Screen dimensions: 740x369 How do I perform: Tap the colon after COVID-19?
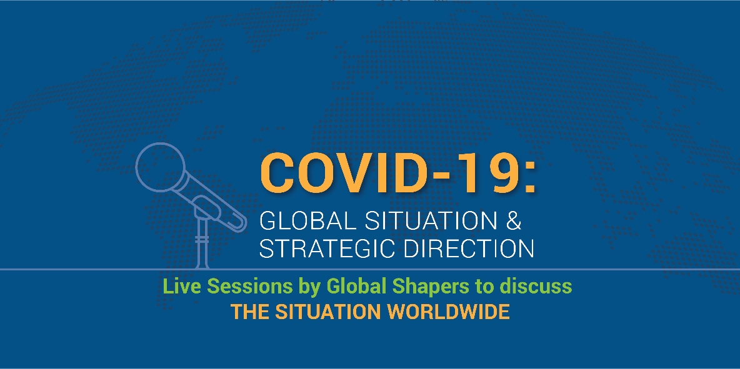click(529, 179)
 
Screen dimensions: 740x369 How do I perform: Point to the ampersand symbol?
click(512, 222)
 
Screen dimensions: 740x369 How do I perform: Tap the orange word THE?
click(247, 312)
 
